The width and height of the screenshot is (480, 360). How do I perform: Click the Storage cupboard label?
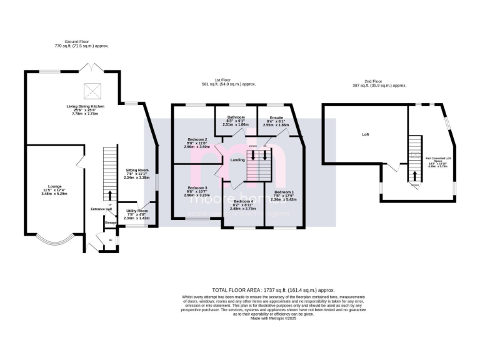111,222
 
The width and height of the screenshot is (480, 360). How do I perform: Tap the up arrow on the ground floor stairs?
110,196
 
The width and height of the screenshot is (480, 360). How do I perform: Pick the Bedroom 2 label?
197,142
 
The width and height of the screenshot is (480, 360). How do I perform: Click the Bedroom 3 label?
197,191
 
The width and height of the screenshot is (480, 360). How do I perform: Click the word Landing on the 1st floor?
237,160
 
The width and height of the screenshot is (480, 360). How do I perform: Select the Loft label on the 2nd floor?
366,134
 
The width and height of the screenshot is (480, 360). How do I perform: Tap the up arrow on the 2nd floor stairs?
414,175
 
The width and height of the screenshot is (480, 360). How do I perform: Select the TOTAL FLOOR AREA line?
273,290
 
